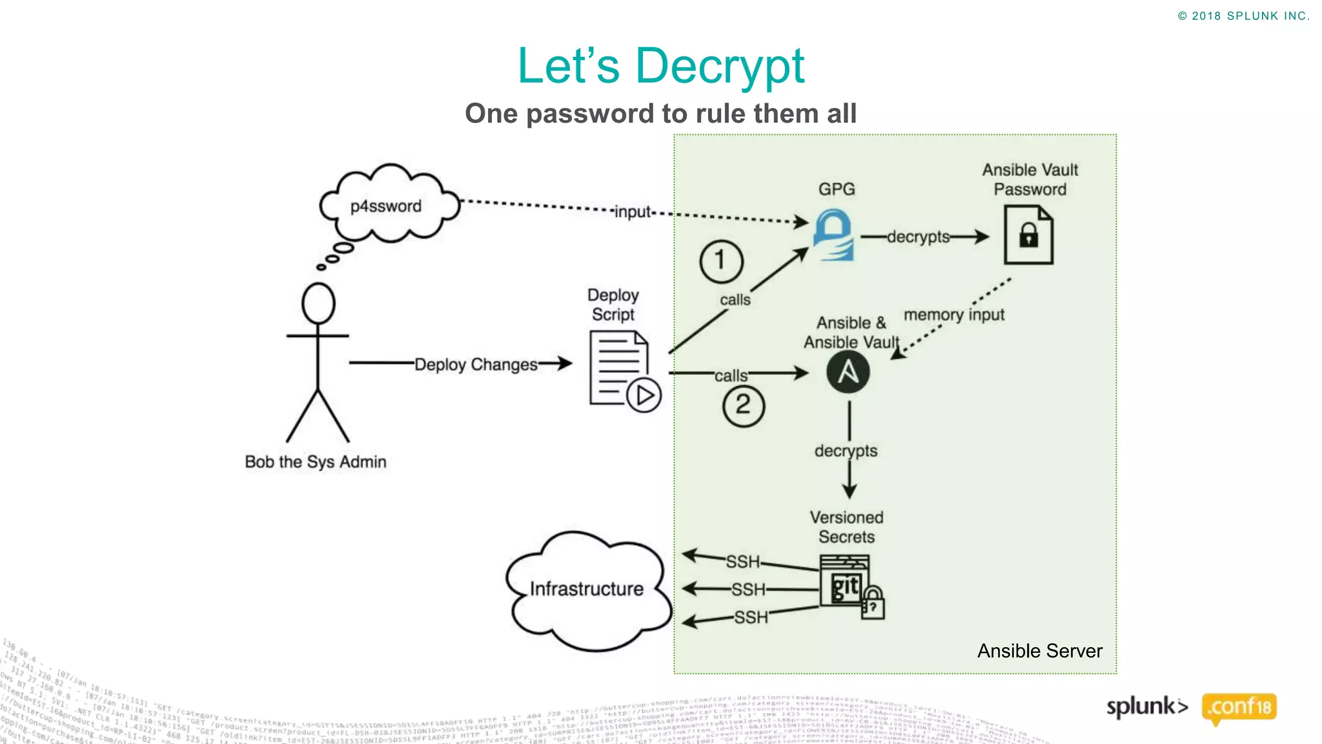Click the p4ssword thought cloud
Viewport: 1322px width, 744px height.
[x=387, y=205]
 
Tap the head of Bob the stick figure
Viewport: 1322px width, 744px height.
[x=318, y=303]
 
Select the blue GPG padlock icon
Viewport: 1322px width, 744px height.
[x=834, y=235]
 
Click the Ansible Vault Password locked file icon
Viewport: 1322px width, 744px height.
[x=1028, y=235]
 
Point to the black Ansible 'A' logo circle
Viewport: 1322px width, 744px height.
[x=848, y=372]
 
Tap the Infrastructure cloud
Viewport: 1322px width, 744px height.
[x=586, y=589]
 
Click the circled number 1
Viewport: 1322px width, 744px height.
[x=721, y=262]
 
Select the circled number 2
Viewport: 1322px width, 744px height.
[x=743, y=406]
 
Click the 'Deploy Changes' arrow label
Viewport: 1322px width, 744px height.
[x=476, y=364]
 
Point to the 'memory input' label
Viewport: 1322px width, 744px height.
[x=953, y=315]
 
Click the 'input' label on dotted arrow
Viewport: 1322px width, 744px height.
[x=633, y=212]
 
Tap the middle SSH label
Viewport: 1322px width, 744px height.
[x=749, y=589]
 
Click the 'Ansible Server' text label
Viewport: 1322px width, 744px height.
[x=1039, y=650]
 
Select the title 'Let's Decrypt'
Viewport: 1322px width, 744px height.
[x=661, y=66]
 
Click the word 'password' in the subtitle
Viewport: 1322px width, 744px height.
[x=589, y=114]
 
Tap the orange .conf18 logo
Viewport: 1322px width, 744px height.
[x=1239, y=707]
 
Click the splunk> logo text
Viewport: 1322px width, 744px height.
[x=1146, y=707]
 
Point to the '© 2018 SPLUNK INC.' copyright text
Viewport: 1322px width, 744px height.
[x=1243, y=16]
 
